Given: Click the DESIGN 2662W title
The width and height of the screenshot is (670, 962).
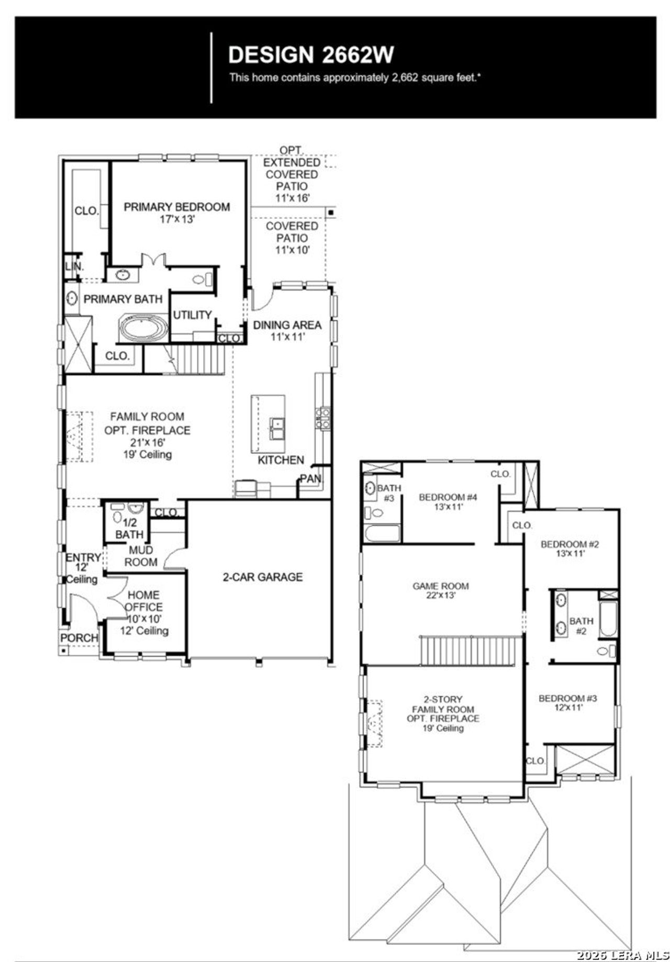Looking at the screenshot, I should tap(311, 54).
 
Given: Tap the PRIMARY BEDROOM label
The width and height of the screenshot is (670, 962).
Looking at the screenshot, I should tap(176, 207).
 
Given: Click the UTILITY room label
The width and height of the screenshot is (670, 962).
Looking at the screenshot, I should tap(192, 315).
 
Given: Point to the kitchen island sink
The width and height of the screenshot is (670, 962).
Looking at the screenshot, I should tap(277, 429).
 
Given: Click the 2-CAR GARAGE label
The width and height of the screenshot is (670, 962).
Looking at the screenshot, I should tap(262, 577).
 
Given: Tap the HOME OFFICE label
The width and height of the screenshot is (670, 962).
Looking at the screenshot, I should tap(143, 601).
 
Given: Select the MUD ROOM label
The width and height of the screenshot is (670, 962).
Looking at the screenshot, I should tap(140, 556).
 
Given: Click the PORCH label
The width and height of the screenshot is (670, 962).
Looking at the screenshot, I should tap(79, 638).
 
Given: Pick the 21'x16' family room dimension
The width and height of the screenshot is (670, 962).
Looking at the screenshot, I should tap(148, 442).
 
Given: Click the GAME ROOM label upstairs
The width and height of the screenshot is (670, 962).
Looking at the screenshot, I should tap(440, 586).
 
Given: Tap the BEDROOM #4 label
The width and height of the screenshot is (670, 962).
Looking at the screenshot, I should tap(448, 497).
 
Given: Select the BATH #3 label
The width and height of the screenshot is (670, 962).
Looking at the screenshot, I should tap(388, 493).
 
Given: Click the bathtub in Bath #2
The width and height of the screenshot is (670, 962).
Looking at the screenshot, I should tap(608, 619).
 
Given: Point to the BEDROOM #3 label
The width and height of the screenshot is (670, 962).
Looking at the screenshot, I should tap(567, 698).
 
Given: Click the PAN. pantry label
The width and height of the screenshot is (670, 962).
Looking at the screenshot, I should tap(311, 479).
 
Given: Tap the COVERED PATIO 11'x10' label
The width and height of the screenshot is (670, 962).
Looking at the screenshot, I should tap(292, 238).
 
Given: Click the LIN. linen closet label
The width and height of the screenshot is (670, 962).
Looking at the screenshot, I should tap(74, 266).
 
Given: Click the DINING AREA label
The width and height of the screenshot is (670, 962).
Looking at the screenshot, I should tap(287, 325).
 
